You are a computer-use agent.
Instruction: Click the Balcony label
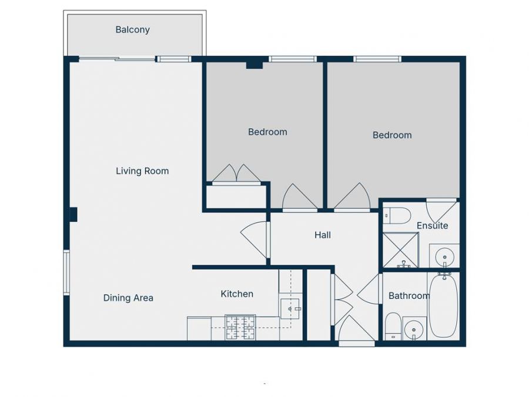132,30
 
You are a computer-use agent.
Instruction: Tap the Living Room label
142,171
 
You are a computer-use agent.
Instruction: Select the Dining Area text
128,298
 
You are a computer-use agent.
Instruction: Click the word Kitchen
237,293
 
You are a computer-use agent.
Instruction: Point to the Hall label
322,235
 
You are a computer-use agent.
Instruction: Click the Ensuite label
432,226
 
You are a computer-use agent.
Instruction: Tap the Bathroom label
409,296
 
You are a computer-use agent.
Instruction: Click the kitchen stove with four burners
240,328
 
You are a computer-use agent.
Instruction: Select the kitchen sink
290,308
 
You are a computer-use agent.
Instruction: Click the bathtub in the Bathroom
443,306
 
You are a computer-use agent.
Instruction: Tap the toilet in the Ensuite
396,216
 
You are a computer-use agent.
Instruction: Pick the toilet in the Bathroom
393,327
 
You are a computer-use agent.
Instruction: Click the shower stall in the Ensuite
400,250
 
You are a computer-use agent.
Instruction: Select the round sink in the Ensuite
444,257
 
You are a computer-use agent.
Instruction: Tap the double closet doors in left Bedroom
236,175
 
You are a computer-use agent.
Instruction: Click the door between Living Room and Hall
256,238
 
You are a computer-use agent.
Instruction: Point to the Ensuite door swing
441,211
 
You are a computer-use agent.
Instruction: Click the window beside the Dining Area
66,272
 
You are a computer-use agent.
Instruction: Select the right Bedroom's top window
377,59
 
